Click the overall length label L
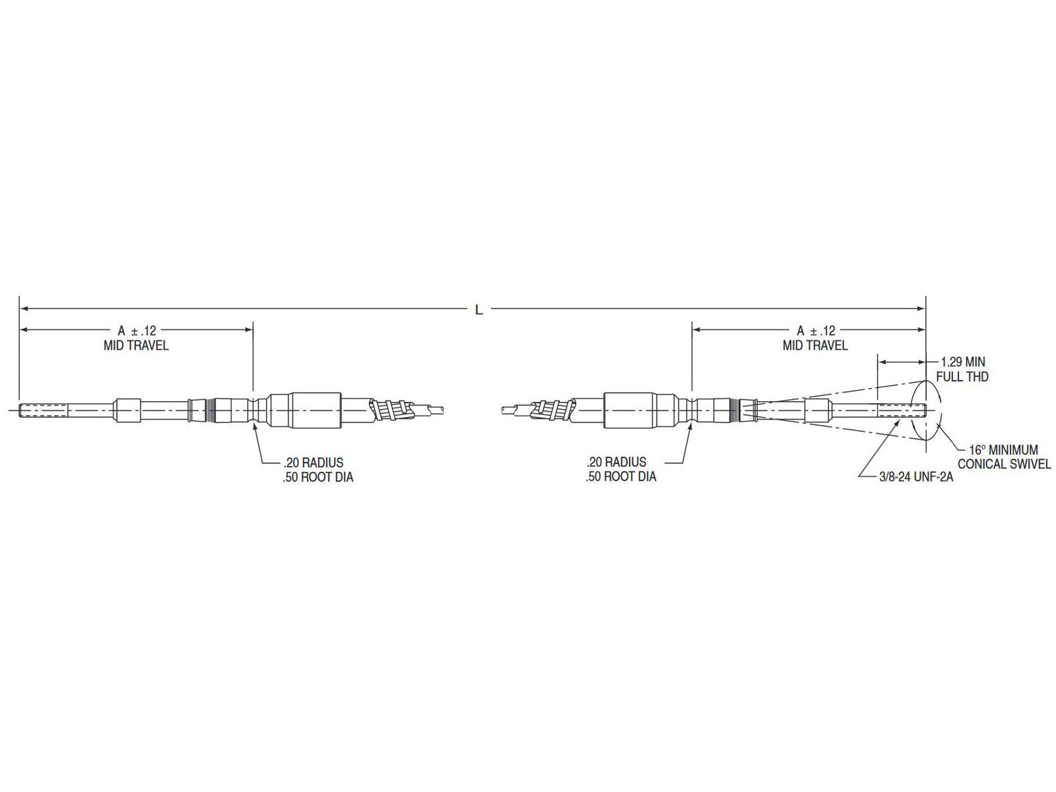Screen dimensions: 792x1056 (x=479, y=310)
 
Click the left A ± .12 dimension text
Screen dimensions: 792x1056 (x=137, y=330)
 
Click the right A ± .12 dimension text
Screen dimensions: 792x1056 (x=816, y=330)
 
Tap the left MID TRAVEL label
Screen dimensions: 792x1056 (x=137, y=346)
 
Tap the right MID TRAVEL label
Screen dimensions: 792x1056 (x=816, y=346)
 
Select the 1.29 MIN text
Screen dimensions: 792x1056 (x=963, y=362)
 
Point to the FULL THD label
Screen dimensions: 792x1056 (x=962, y=377)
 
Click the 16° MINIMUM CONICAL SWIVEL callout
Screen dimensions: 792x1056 (x=1003, y=457)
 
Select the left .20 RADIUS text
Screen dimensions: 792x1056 (x=313, y=462)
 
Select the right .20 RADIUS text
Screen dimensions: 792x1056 (x=616, y=462)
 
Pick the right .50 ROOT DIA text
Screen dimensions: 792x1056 (x=620, y=477)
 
